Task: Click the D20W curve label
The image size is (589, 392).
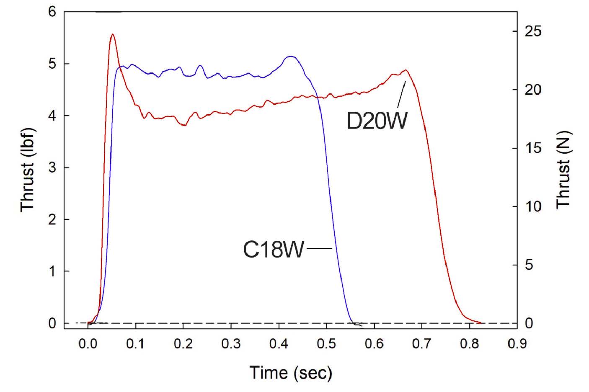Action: (x=377, y=120)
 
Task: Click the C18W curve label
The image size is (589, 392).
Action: (x=274, y=250)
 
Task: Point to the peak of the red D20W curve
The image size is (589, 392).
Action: (x=112, y=35)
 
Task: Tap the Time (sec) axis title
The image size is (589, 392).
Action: (x=291, y=372)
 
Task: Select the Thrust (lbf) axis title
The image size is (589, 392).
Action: (x=28, y=170)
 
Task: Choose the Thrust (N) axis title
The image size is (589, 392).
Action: (x=563, y=170)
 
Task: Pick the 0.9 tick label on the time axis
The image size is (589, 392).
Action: (x=517, y=344)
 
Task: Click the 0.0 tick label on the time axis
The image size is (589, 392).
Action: (x=88, y=344)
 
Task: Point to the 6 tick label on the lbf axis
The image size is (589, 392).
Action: (x=52, y=12)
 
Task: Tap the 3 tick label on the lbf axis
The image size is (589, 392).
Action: (x=52, y=168)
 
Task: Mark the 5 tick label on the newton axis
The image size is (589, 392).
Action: (x=529, y=265)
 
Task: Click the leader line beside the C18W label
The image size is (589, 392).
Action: (x=320, y=249)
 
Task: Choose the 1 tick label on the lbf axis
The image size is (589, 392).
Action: (x=52, y=271)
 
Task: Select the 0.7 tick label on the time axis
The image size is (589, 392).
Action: (x=421, y=344)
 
